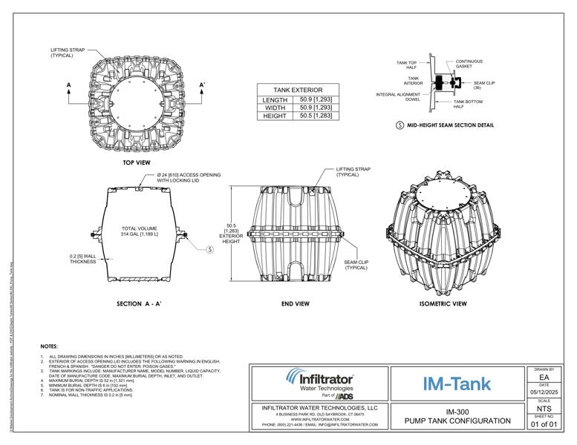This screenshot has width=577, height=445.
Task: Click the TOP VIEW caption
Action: (137, 161)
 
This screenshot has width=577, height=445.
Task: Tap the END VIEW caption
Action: (295, 303)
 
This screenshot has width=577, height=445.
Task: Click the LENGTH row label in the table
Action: (276, 99)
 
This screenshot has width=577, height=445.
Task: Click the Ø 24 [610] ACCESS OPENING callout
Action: (189, 177)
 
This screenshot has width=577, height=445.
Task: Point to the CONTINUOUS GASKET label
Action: (469, 64)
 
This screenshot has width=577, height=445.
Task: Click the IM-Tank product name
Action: (456, 383)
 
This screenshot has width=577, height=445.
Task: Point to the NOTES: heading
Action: (49, 346)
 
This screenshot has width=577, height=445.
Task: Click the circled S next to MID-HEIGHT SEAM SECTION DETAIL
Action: (400, 125)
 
